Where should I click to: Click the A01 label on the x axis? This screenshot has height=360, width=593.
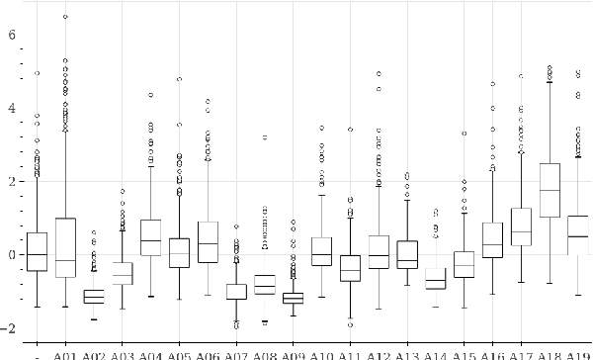pyautogui.click(x=65, y=353)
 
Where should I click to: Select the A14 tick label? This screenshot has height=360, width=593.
pyautogui.click(x=436, y=353)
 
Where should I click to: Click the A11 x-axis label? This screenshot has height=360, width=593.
pyautogui.click(x=350, y=353)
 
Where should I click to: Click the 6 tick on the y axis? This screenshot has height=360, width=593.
pyautogui.click(x=12, y=35)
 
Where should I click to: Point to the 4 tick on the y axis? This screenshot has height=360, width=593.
pyautogui.click(x=12, y=108)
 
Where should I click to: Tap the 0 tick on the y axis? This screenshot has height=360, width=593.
pyautogui.click(x=12, y=255)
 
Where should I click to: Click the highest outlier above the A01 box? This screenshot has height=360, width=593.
pyautogui.click(x=65, y=17)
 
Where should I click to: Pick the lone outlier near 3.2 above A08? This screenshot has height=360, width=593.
pyautogui.click(x=265, y=137)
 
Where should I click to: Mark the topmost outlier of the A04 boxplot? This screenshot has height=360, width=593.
pyautogui.click(x=151, y=95)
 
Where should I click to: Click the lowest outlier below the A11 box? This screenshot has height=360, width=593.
pyautogui.click(x=350, y=324)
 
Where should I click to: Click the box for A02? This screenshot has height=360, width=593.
pyautogui.click(x=94, y=297)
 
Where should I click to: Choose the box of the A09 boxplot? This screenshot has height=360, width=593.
pyautogui.click(x=294, y=298)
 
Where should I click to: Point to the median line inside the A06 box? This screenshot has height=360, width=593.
pyautogui.click(x=208, y=243)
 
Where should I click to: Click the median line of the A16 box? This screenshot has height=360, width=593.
pyautogui.click(x=493, y=244)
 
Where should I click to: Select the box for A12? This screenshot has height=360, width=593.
pyautogui.click(x=379, y=252)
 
